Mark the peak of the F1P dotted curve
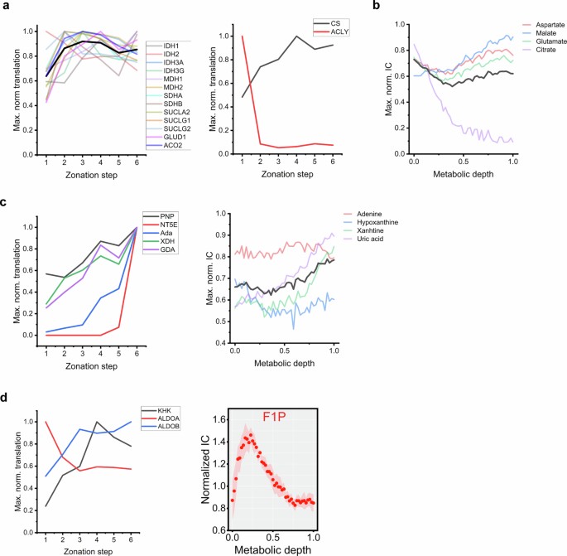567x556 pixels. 250,434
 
